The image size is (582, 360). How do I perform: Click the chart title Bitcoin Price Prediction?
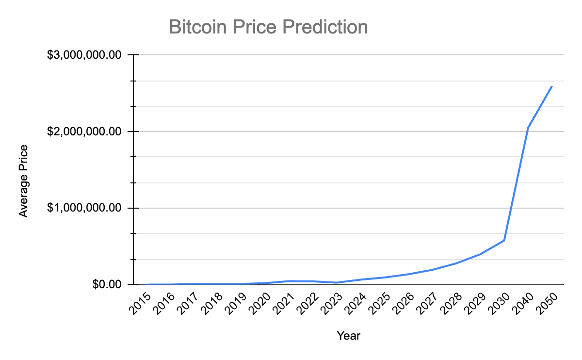pyautogui.click(x=268, y=27)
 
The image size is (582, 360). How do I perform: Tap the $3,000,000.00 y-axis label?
pyautogui.click(x=84, y=55)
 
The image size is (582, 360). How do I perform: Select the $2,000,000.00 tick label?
pyautogui.click(x=84, y=131)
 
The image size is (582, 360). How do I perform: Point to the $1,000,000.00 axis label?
pyautogui.click(x=84, y=208)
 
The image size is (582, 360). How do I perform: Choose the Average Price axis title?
pyautogui.click(x=23, y=180)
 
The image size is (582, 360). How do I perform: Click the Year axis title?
pyautogui.click(x=348, y=335)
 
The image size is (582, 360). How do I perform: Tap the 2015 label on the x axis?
pyautogui.click(x=141, y=303)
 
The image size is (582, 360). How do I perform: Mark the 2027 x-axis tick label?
pyautogui.click(x=428, y=303)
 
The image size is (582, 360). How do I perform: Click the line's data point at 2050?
pyautogui.click(x=552, y=86)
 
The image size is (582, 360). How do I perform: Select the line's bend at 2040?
pyautogui.click(x=528, y=128)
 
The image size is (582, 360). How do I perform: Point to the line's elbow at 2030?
pyautogui.click(x=504, y=240)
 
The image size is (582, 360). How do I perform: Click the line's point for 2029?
pyautogui.click(x=480, y=254)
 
